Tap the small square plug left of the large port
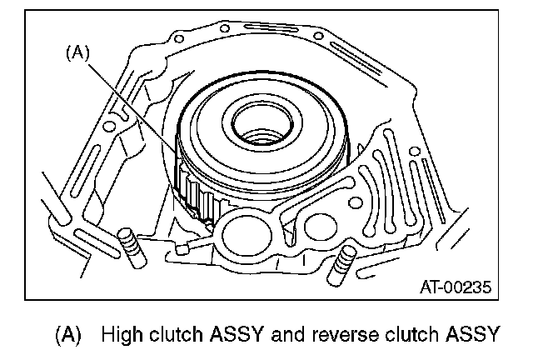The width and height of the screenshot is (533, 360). tap(194, 243)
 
